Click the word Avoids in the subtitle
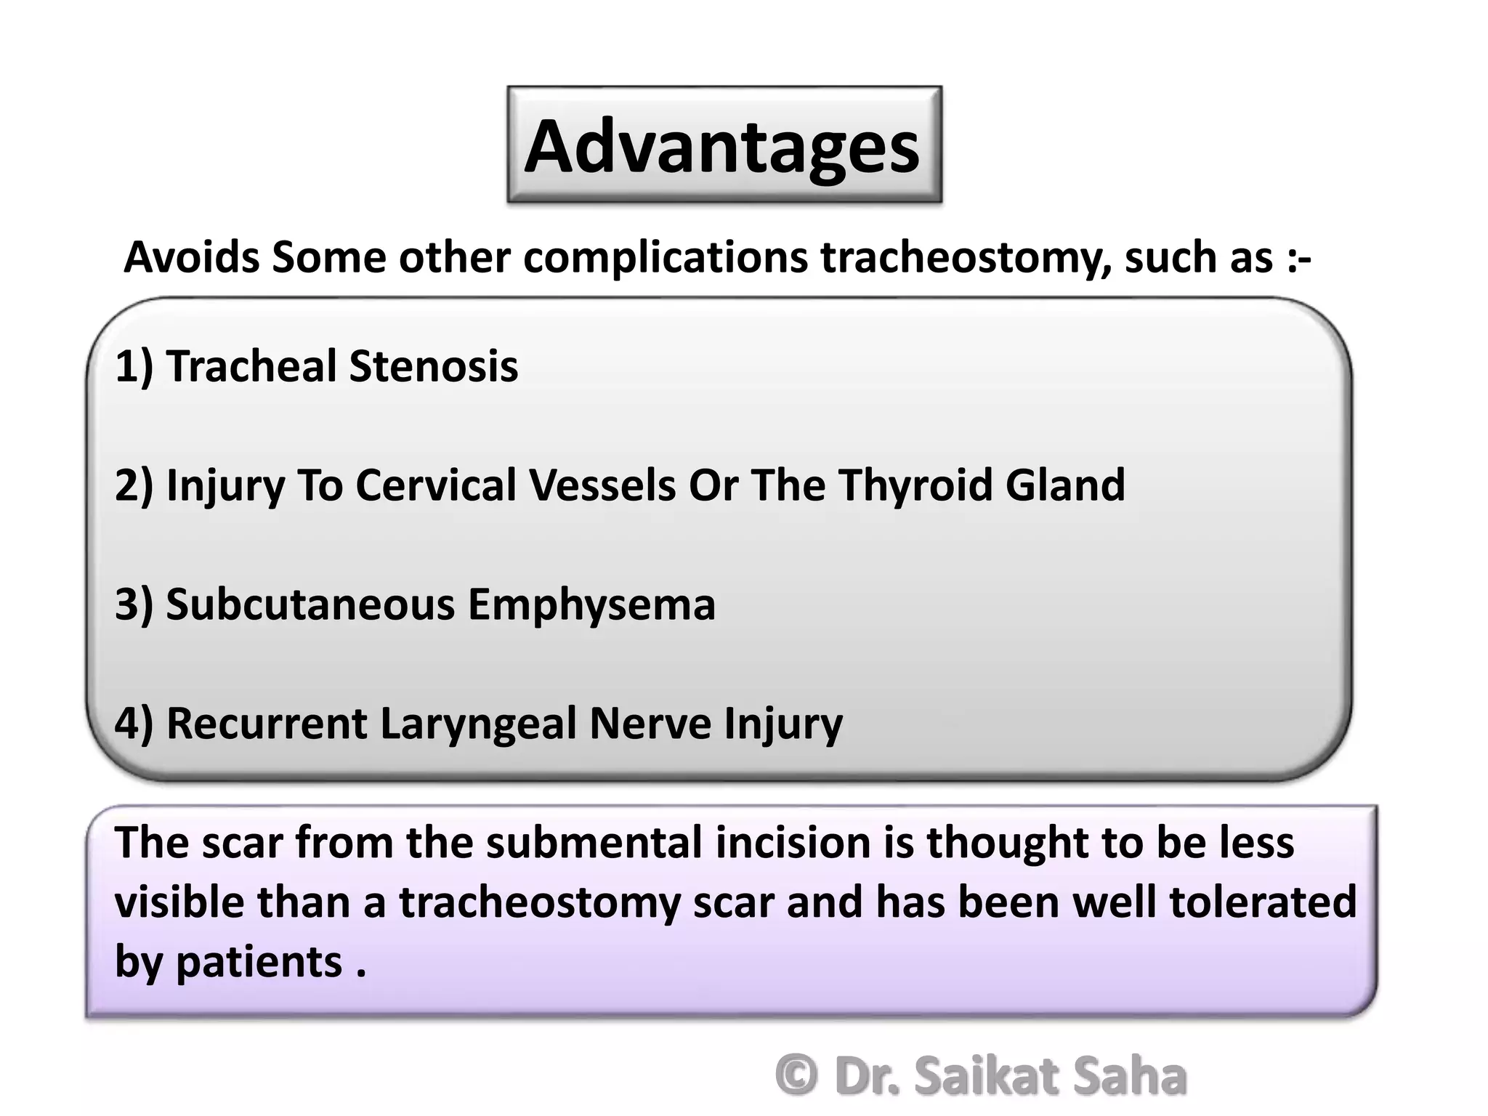192,257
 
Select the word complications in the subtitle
666,257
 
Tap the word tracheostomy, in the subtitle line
966,257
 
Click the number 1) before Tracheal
134,365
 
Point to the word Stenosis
434,365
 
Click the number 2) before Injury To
134,485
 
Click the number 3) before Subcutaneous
134,604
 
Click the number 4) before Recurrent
134,724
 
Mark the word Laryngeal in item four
478,724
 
